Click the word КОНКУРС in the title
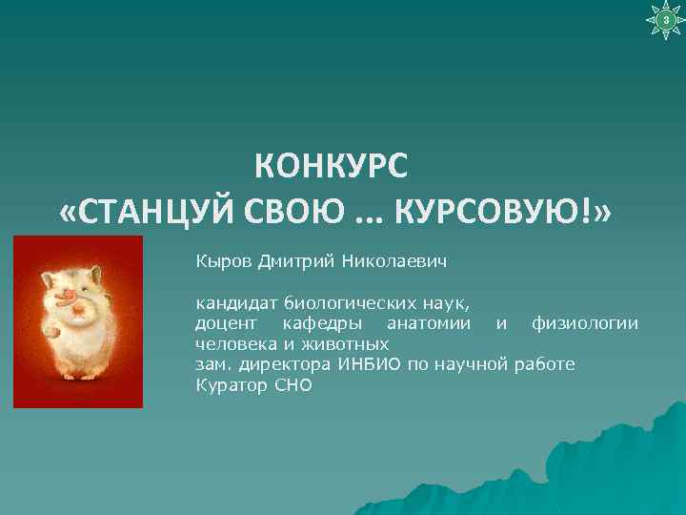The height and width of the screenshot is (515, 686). pyautogui.click(x=331, y=167)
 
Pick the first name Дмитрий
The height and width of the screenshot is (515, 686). pyautogui.click(x=291, y=260)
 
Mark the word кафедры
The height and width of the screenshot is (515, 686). pyautogui.click(x=318, y=324)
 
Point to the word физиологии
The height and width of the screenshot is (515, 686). pyautogui.click(x=585, y=324)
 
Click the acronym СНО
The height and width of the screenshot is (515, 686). pyautogui.click(x=292, y=385)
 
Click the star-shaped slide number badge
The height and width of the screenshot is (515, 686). pyautogui.click(x=664, y=20)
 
